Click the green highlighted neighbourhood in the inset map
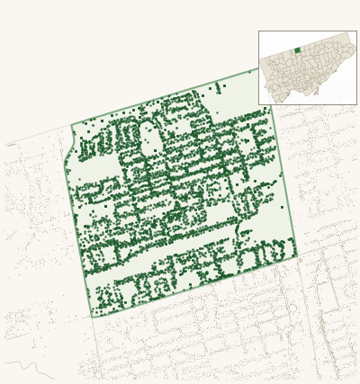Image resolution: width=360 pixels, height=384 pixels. [297, 50]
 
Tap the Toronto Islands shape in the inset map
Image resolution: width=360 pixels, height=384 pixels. [316, 92]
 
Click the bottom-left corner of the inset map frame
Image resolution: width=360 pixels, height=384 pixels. [259, 104]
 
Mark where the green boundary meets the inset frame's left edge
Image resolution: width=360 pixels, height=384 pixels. [259, 68]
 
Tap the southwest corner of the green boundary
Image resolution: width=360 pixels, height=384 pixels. [91, 317]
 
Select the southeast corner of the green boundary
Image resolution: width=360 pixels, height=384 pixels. [296, 257]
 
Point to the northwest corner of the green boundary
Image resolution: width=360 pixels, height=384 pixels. [72, 126]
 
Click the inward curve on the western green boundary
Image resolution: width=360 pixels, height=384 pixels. [68, 153]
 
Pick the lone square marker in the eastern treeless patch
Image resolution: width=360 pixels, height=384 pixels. [282, 208]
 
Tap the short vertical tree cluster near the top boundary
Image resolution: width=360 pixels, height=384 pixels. [217, 87]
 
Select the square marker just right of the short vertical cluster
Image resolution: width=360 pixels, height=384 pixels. [224, 86]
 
